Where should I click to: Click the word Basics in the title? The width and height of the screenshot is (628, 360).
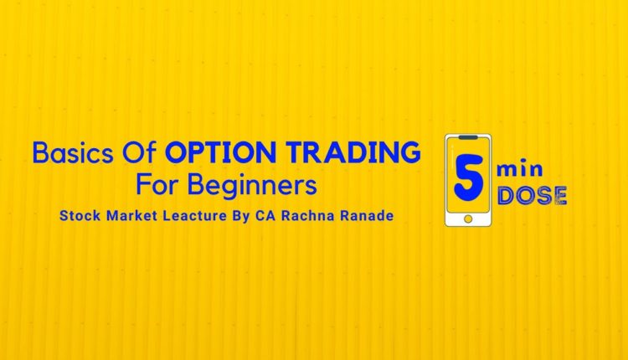68,152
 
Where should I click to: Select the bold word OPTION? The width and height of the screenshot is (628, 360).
217,152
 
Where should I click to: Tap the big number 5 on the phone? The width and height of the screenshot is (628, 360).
467,177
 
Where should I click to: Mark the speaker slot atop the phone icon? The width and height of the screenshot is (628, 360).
468,138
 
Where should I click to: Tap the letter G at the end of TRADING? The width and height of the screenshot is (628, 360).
409,152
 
